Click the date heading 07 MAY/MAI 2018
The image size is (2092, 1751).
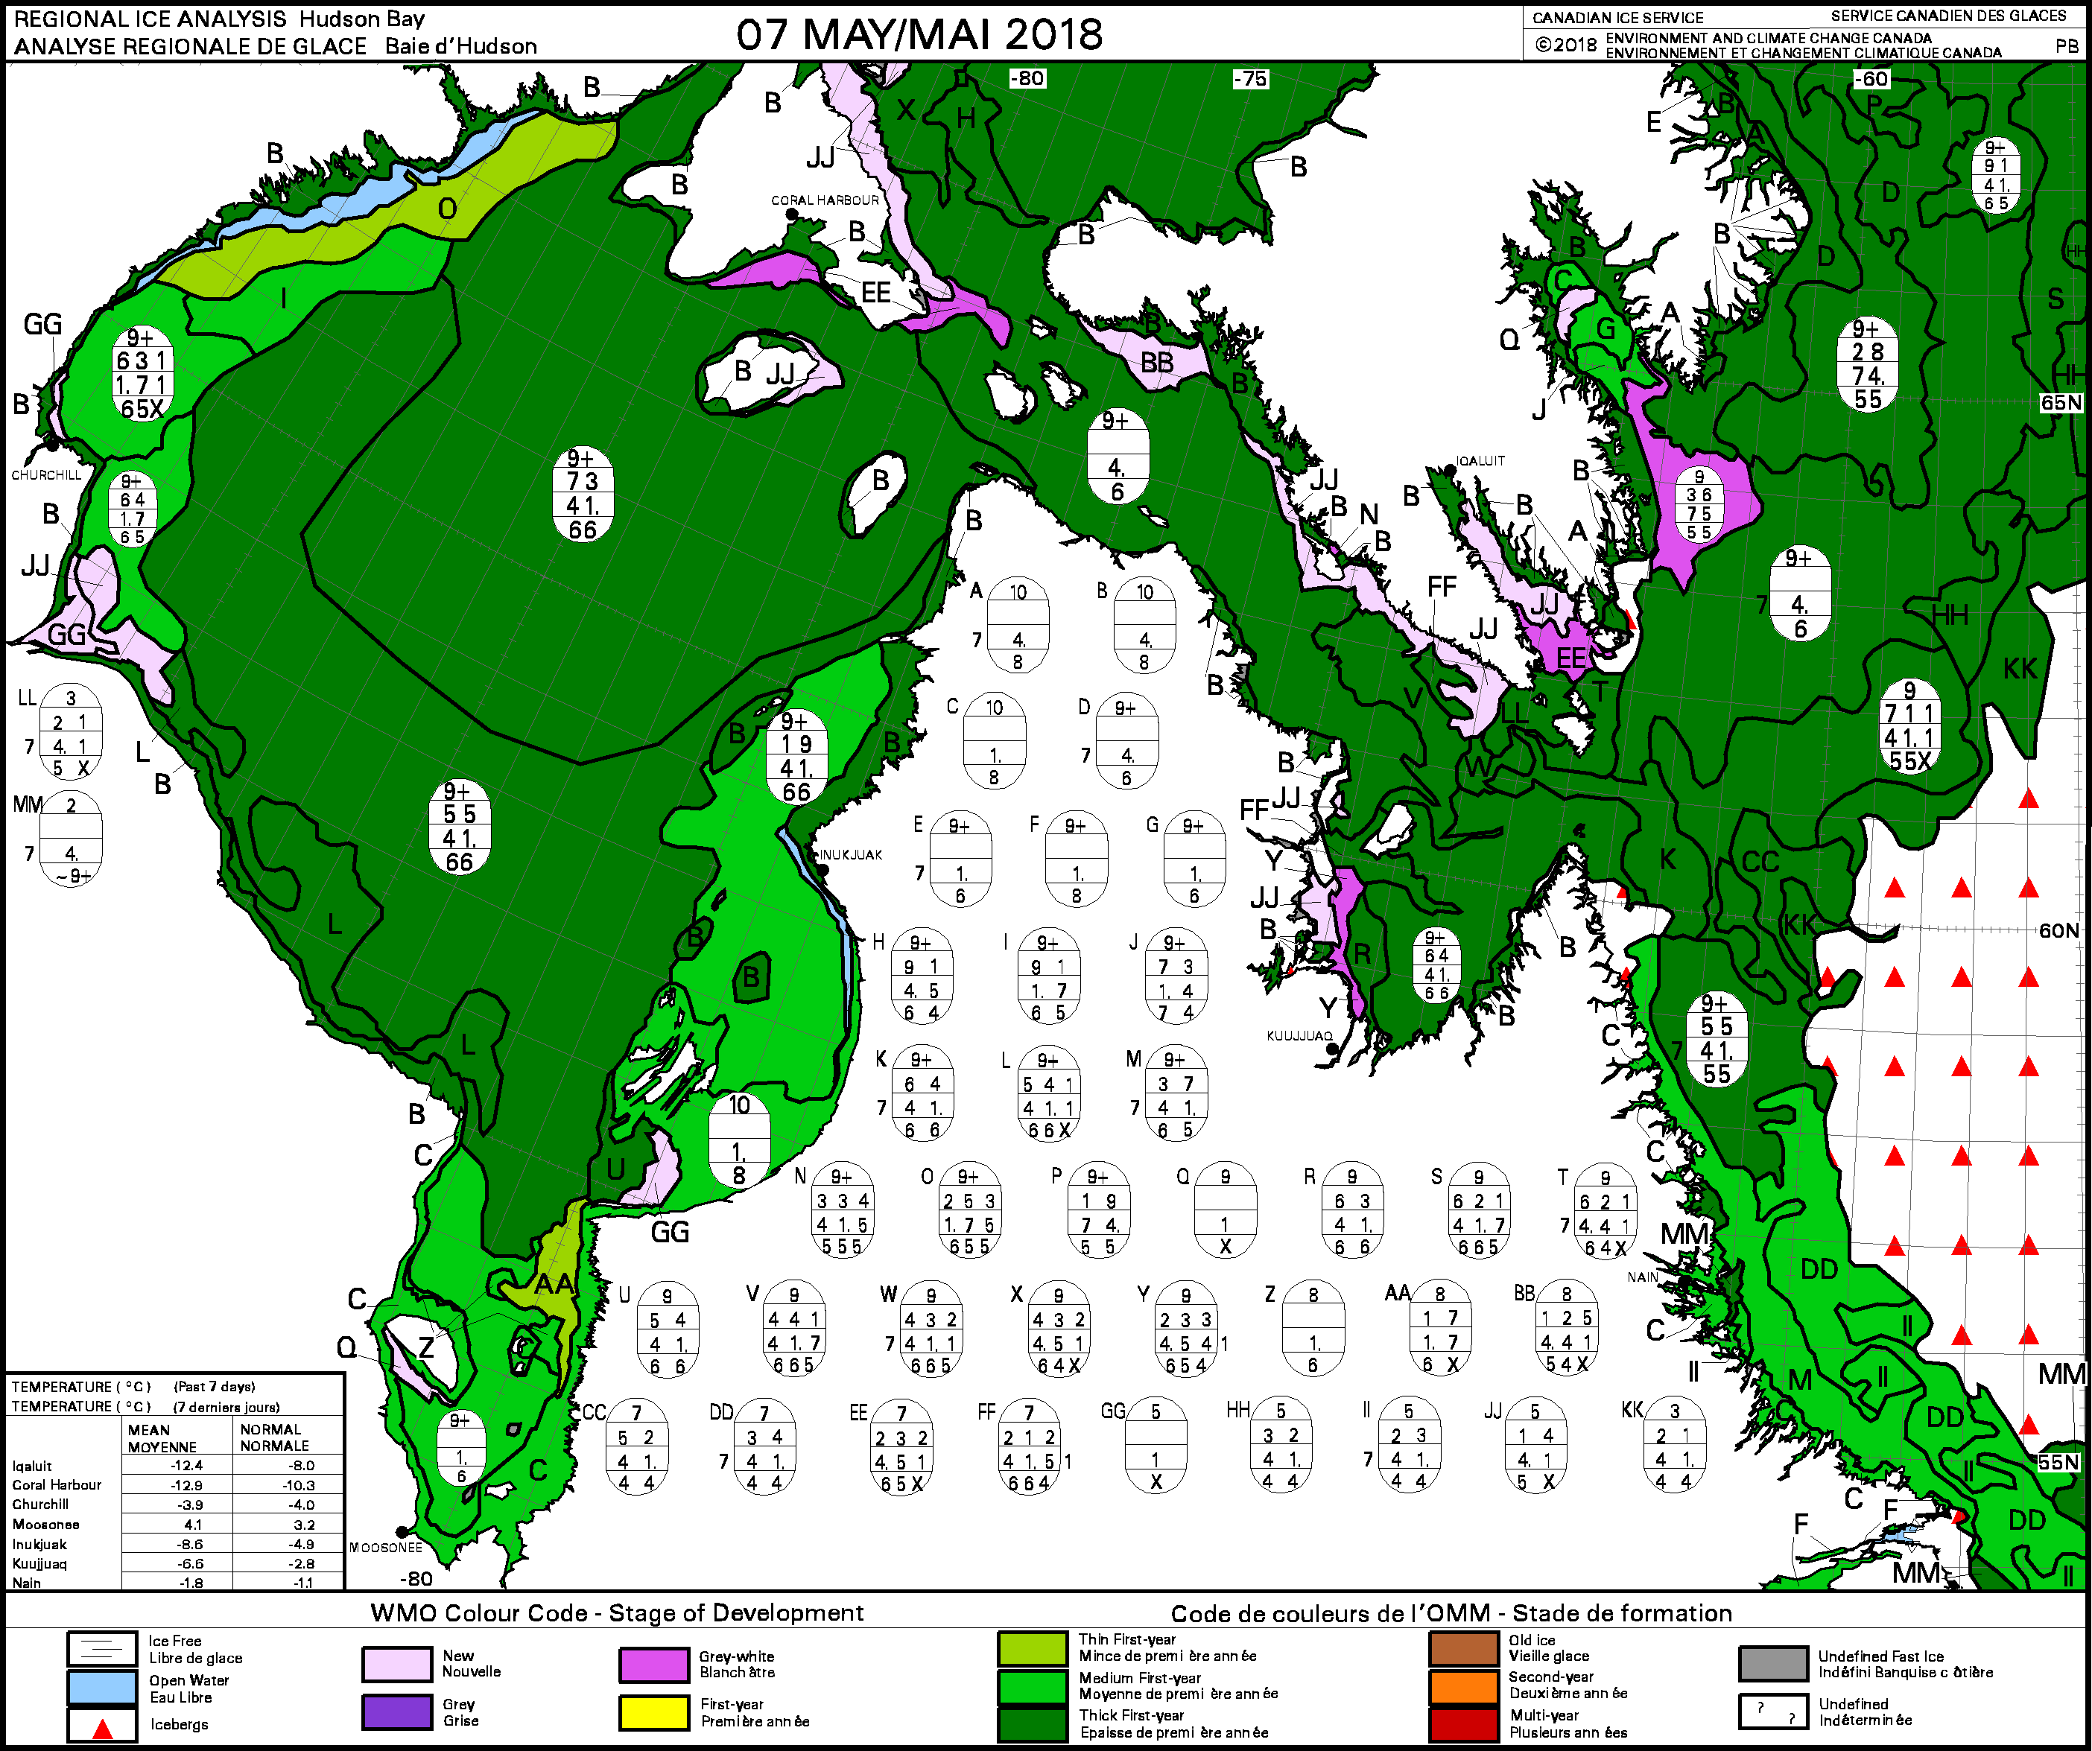919,35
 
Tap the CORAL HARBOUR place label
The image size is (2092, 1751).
825,200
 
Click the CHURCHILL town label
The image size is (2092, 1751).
47,475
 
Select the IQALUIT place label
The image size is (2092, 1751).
1480,461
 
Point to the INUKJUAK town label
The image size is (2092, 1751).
851,854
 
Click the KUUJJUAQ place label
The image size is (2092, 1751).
1299,1036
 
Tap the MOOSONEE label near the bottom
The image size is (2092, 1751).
385,1547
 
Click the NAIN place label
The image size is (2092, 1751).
1643,1277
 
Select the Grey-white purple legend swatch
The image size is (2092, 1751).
653,1663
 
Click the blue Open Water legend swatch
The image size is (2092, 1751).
101,1687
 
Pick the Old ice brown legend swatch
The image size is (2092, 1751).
1463,1648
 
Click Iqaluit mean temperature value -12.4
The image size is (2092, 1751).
186,1465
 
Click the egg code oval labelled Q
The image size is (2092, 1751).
1226,1211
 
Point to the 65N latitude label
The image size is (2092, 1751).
2060,402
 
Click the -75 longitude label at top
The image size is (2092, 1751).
1250,79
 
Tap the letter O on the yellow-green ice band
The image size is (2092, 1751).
447,208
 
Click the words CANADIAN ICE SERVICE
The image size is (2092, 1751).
1618,17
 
